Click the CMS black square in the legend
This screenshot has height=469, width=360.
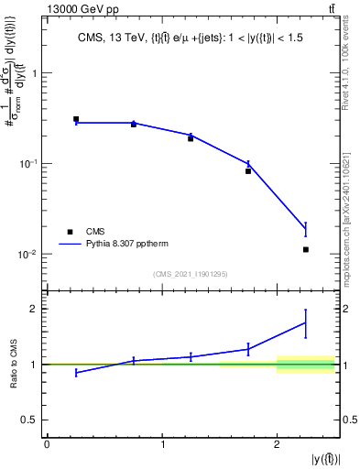click(68, 232)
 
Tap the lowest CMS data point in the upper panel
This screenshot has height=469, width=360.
click(306, 249)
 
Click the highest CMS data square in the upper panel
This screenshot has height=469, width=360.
click(76, 119)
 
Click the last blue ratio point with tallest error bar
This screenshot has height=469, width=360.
click(306, 322)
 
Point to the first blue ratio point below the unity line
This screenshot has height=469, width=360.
click(76, 373)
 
